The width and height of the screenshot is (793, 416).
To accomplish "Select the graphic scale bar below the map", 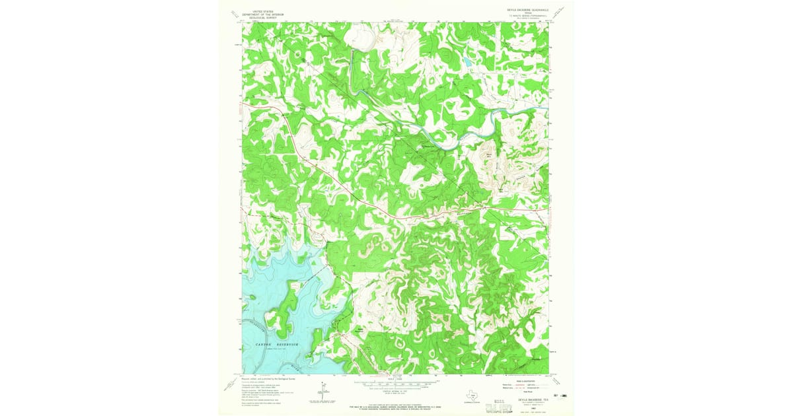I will (395, 383).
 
